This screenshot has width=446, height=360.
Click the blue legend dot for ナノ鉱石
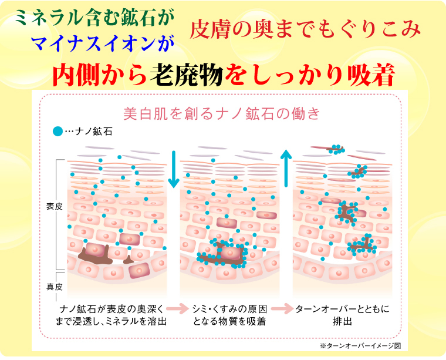(58, 131)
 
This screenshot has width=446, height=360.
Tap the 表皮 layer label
(55, 206)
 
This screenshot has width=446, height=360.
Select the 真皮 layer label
(55, 286)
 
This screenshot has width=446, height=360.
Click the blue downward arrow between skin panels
(174, 169)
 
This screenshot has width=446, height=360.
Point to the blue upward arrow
(286, 169)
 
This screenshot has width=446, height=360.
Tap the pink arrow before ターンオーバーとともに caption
(282, 308)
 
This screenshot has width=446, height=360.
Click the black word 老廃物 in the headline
(186, 75)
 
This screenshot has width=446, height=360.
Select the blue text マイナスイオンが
(102, 44)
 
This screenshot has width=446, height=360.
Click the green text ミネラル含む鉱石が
(94, 18)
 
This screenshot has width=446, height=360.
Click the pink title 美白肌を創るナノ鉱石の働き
(222, 113)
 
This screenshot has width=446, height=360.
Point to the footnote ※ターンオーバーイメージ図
(360, 345)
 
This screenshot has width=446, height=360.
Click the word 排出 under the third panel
(343, 321)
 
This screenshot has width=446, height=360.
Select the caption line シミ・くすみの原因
(230, 309)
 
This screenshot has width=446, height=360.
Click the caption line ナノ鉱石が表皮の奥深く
(112, 309)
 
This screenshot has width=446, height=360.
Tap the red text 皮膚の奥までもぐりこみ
(305, 29)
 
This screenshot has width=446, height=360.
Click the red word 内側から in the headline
(100, 75)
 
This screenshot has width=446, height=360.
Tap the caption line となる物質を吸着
(229, 321)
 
